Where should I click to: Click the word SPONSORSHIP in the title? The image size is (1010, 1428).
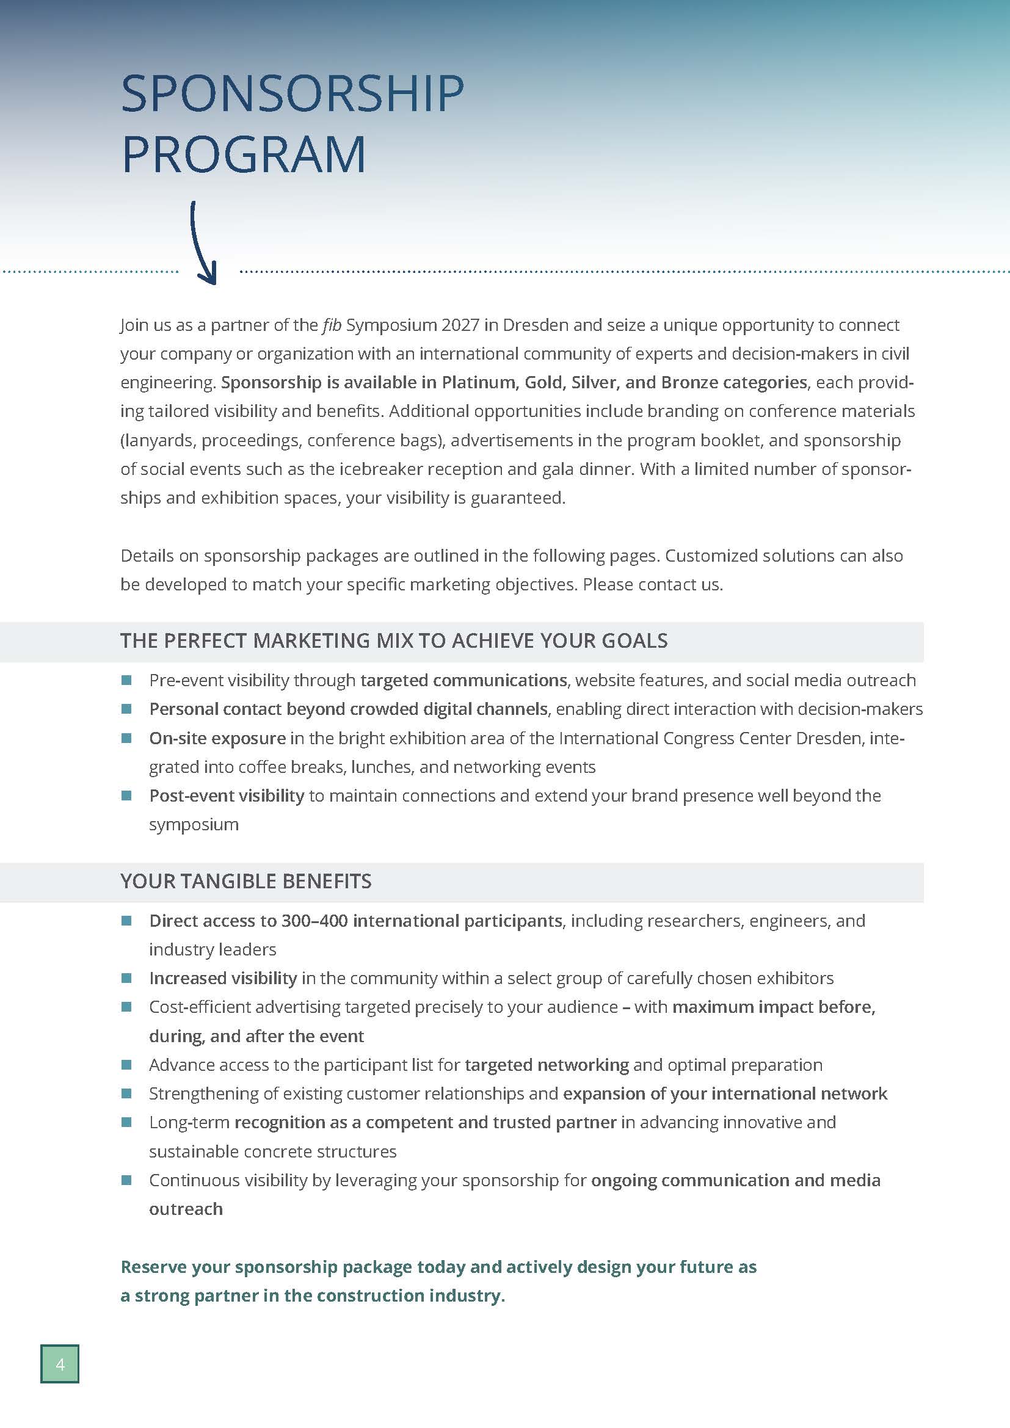tap(292, 94)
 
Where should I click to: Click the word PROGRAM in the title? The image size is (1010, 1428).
tap(244, 154)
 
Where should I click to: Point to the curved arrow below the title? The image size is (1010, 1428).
tap(203, 242)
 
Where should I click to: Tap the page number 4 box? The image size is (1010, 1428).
tap(60, 1365)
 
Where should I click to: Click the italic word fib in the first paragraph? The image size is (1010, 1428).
tap(332, 325)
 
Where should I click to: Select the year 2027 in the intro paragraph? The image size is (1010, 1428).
tap(460, 325)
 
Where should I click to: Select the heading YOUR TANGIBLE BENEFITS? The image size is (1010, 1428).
tap(245, 882)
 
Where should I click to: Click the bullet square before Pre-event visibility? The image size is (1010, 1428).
tap(126, 680)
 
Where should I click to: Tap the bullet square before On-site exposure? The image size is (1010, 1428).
tap(126, 738)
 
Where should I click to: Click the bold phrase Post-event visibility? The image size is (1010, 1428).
tap(227, 796)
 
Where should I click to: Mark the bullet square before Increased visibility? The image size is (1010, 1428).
tap(126, 978)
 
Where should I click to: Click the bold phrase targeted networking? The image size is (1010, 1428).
tap(547, 1065)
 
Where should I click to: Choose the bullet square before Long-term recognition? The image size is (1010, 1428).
tap(126, 1123)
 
